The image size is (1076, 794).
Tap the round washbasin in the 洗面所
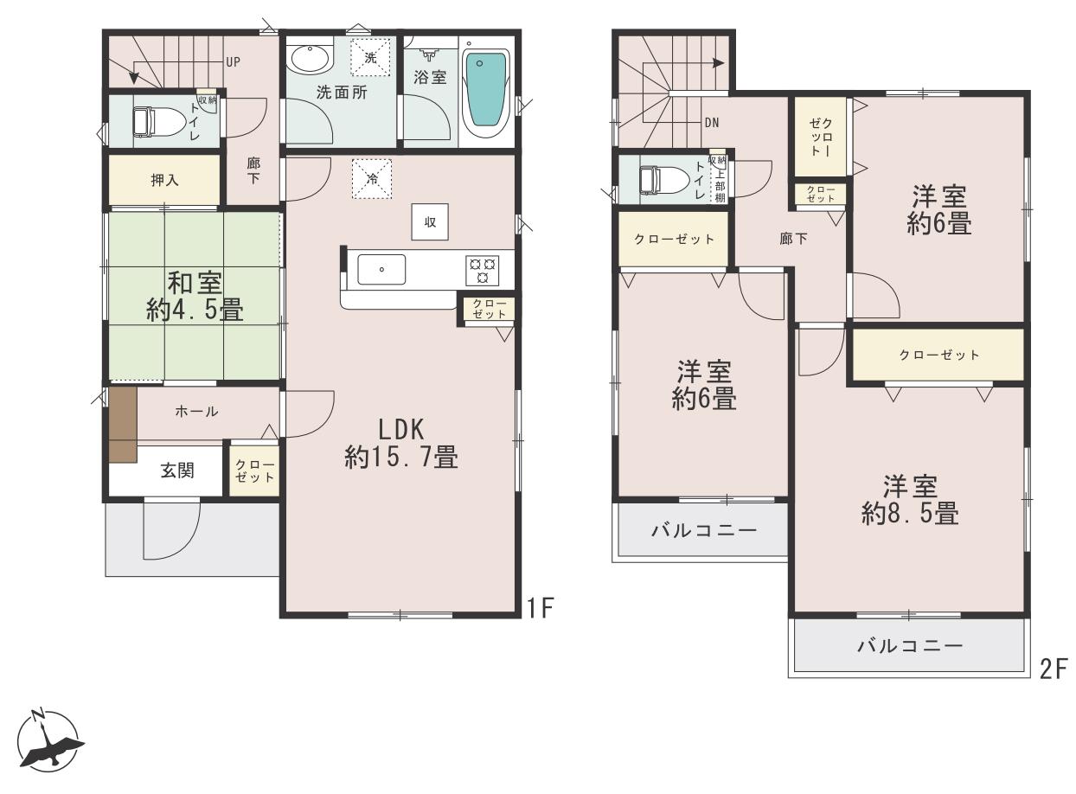311,59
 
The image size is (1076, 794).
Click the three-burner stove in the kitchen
482,270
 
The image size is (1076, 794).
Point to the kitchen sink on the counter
381,269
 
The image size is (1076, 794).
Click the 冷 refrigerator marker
372,178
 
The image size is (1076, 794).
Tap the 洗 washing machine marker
371,57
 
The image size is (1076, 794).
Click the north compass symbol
48,741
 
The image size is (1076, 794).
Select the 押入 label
165,180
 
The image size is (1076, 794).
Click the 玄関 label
177,471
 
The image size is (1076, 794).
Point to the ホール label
196,412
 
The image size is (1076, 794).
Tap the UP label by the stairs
233,62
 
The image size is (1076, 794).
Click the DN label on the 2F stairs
712,123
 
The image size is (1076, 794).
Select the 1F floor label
541,608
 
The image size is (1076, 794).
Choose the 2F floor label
1054,669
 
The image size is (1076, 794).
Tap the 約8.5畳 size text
910,513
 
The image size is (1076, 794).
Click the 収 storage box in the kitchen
430,221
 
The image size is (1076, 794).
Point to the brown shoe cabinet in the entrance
122,424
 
